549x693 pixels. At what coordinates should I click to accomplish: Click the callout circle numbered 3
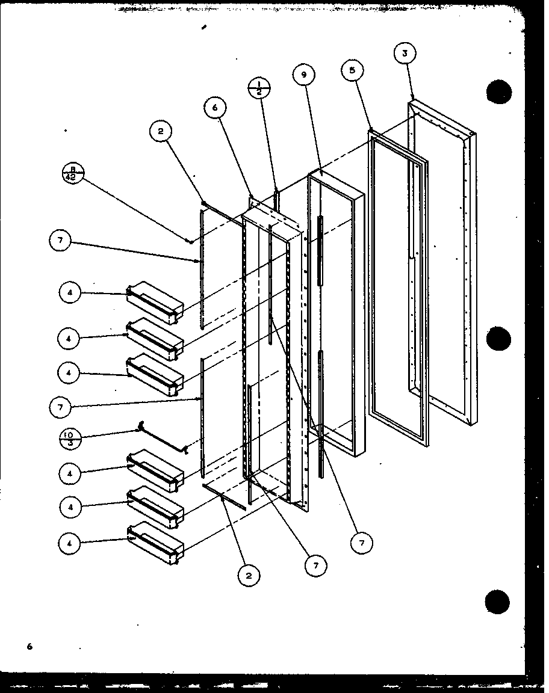pos(405,54)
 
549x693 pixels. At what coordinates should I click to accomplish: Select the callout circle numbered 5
pos(352,70)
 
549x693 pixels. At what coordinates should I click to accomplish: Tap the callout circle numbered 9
pos(304,75)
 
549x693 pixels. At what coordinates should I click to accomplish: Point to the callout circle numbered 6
pos(215,109)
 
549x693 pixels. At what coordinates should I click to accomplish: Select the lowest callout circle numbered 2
pos(248,576)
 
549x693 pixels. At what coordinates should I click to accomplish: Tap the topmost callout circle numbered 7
pos(60,242)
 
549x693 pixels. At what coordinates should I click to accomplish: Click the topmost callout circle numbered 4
pos(70,293)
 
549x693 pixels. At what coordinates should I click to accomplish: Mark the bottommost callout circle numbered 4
pos(70,543)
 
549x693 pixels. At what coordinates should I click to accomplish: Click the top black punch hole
pos(499,93)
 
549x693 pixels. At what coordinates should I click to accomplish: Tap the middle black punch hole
pos(499,339)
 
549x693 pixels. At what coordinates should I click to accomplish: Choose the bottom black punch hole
pos(499,601)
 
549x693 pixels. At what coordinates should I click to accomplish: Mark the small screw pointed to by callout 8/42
pos(190,241)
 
